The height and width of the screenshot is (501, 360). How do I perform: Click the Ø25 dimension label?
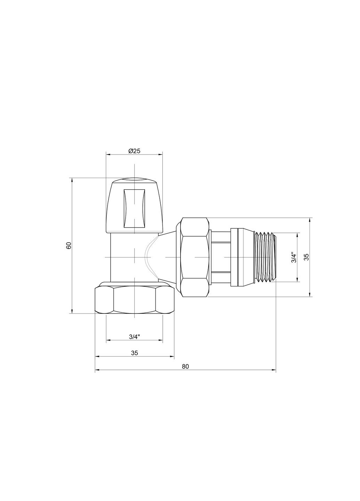coord(134,151)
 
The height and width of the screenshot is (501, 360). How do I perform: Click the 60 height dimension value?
coord(69,245)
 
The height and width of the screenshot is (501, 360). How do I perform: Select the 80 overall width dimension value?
coord(185,366)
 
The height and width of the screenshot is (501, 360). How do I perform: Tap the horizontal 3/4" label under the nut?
coord(134,336)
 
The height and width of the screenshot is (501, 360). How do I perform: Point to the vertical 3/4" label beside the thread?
coord(294,257)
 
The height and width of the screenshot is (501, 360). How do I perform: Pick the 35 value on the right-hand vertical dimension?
coord(306,257)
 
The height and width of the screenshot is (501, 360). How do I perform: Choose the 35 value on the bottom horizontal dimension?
coord(135,352)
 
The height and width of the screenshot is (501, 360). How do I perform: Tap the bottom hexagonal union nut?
coord(134,299)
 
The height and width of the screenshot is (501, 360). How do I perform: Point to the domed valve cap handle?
coord(134,205)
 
